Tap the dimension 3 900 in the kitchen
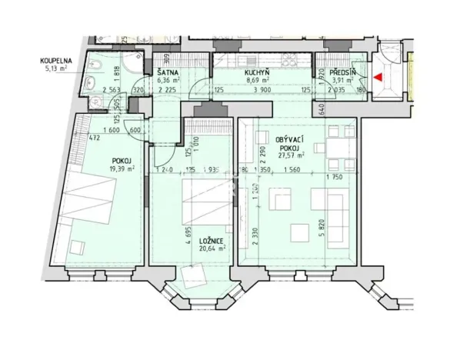coord(262,89)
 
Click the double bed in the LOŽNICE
coord(205,198)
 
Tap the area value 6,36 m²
coord(168,78)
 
